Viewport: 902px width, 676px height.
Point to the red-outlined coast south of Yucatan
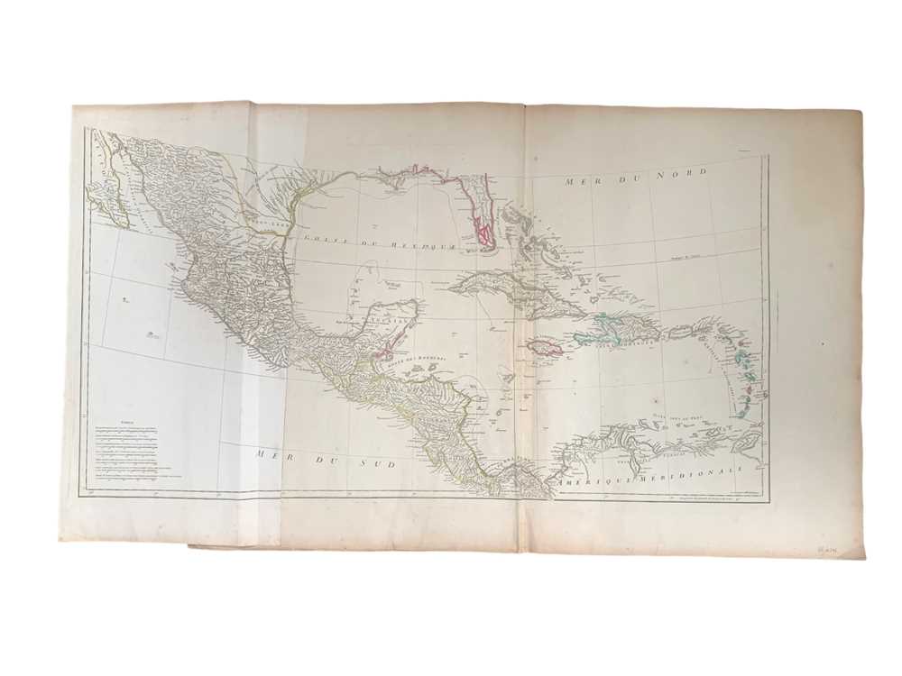pos(389,352)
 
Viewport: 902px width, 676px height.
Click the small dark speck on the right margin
pos(823,343)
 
